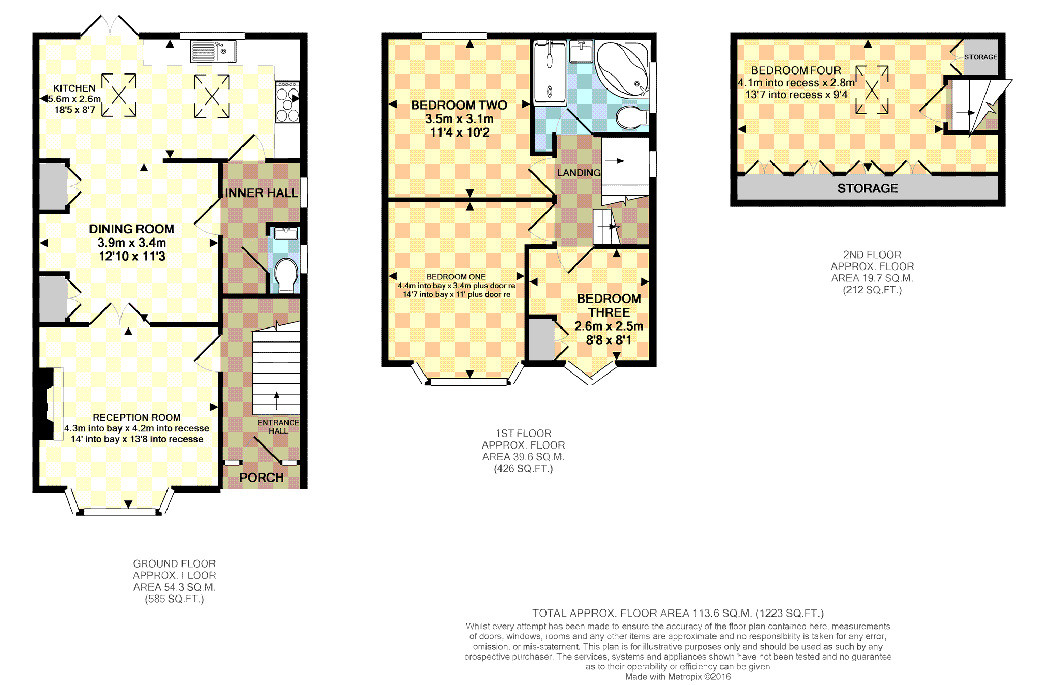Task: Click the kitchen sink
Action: coord(213,51)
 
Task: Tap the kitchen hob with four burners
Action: coord(287,101)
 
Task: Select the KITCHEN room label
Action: coord(74,88)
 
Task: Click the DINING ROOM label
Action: coord(131,229)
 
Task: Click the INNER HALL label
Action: coord(262,193)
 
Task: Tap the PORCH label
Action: coord(262,478)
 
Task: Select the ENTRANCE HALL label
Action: coord(278,427)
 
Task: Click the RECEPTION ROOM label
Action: coord(136,418)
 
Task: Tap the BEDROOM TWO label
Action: coord(459,105)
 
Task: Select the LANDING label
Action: coord(579,173)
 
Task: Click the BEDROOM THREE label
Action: coord(609,305)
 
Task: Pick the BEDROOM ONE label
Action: coord(456,277)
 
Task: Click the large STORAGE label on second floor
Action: coord(868,188)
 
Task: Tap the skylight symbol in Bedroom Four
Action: coord(872,90)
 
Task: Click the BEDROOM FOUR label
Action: coord(796,70)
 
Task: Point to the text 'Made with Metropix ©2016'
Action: coord(678,676)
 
